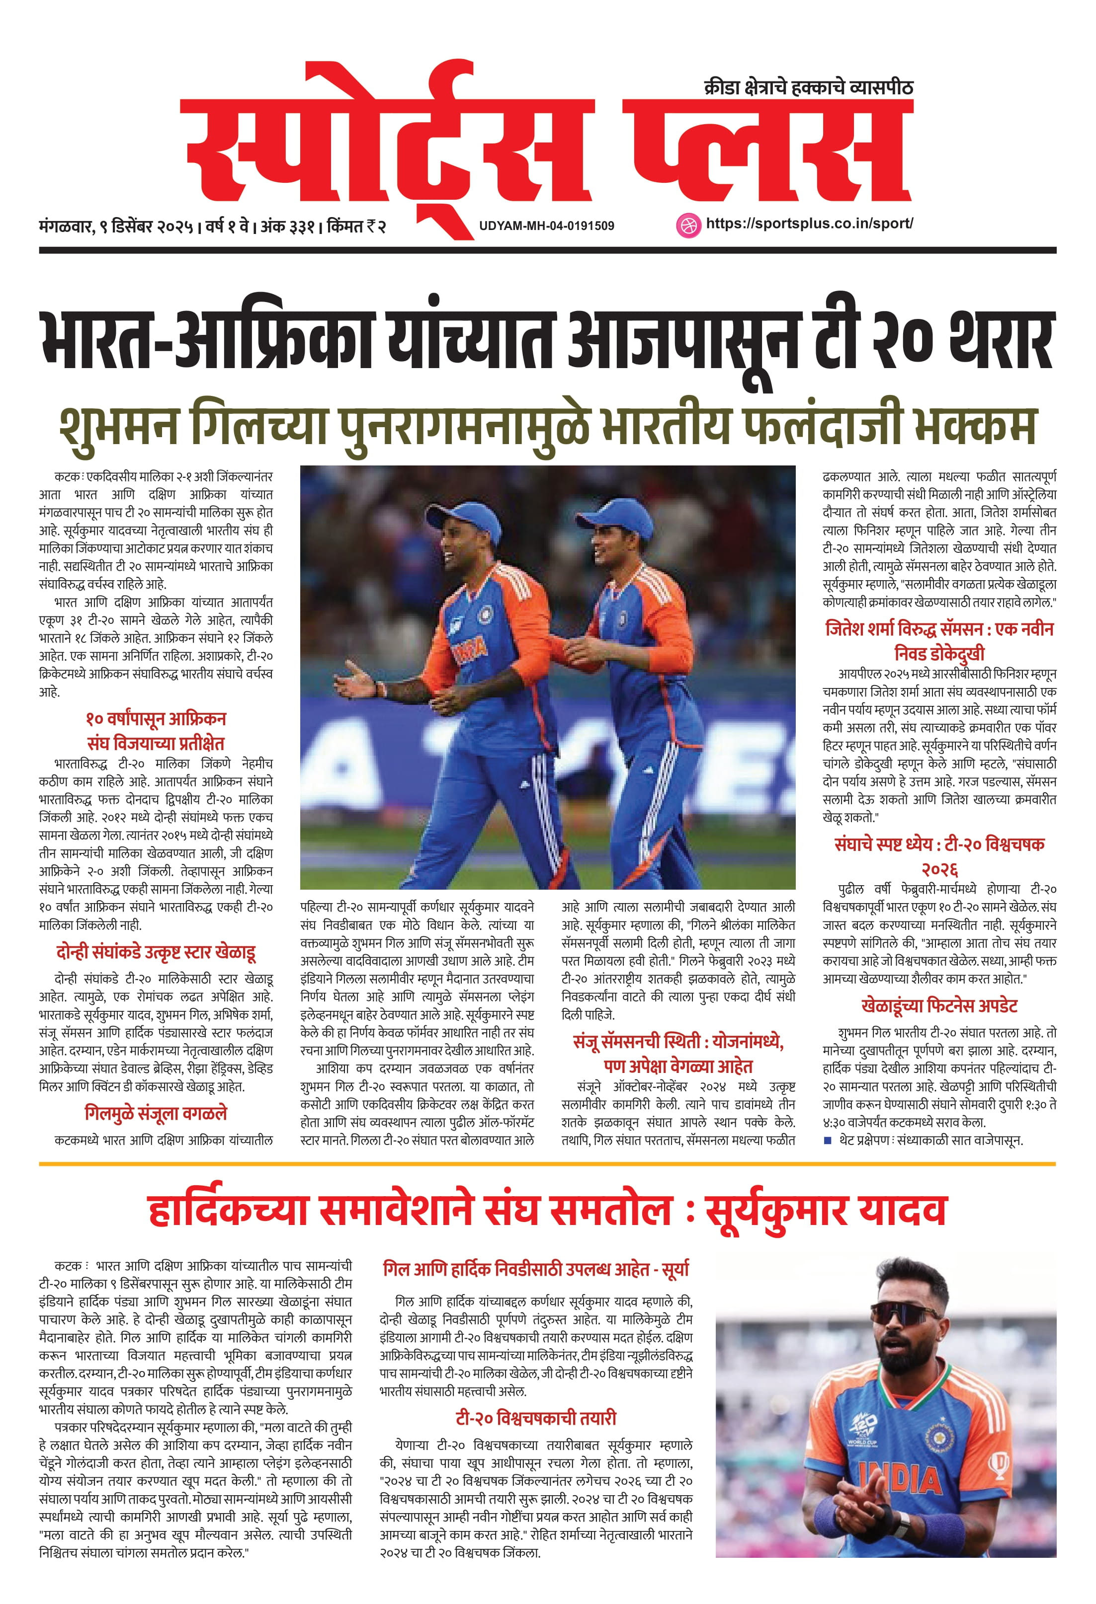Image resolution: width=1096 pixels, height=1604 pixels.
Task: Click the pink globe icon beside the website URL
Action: (688, 225)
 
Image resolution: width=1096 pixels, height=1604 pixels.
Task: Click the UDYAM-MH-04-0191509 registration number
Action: (546, 226)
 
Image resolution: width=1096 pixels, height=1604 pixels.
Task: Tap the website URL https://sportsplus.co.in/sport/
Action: (809, 224)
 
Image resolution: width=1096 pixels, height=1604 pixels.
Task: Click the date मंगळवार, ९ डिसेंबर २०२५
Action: (116, 226)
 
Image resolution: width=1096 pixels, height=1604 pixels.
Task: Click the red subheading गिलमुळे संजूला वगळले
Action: (156, 1113)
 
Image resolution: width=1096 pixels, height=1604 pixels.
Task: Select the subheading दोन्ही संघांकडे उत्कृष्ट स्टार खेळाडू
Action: (156, 953)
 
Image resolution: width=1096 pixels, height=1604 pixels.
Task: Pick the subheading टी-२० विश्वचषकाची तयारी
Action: (535, 1418)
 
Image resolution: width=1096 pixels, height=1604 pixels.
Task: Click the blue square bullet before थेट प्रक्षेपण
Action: (828, 1140)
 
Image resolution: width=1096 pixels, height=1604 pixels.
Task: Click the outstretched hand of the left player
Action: (353, 684)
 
